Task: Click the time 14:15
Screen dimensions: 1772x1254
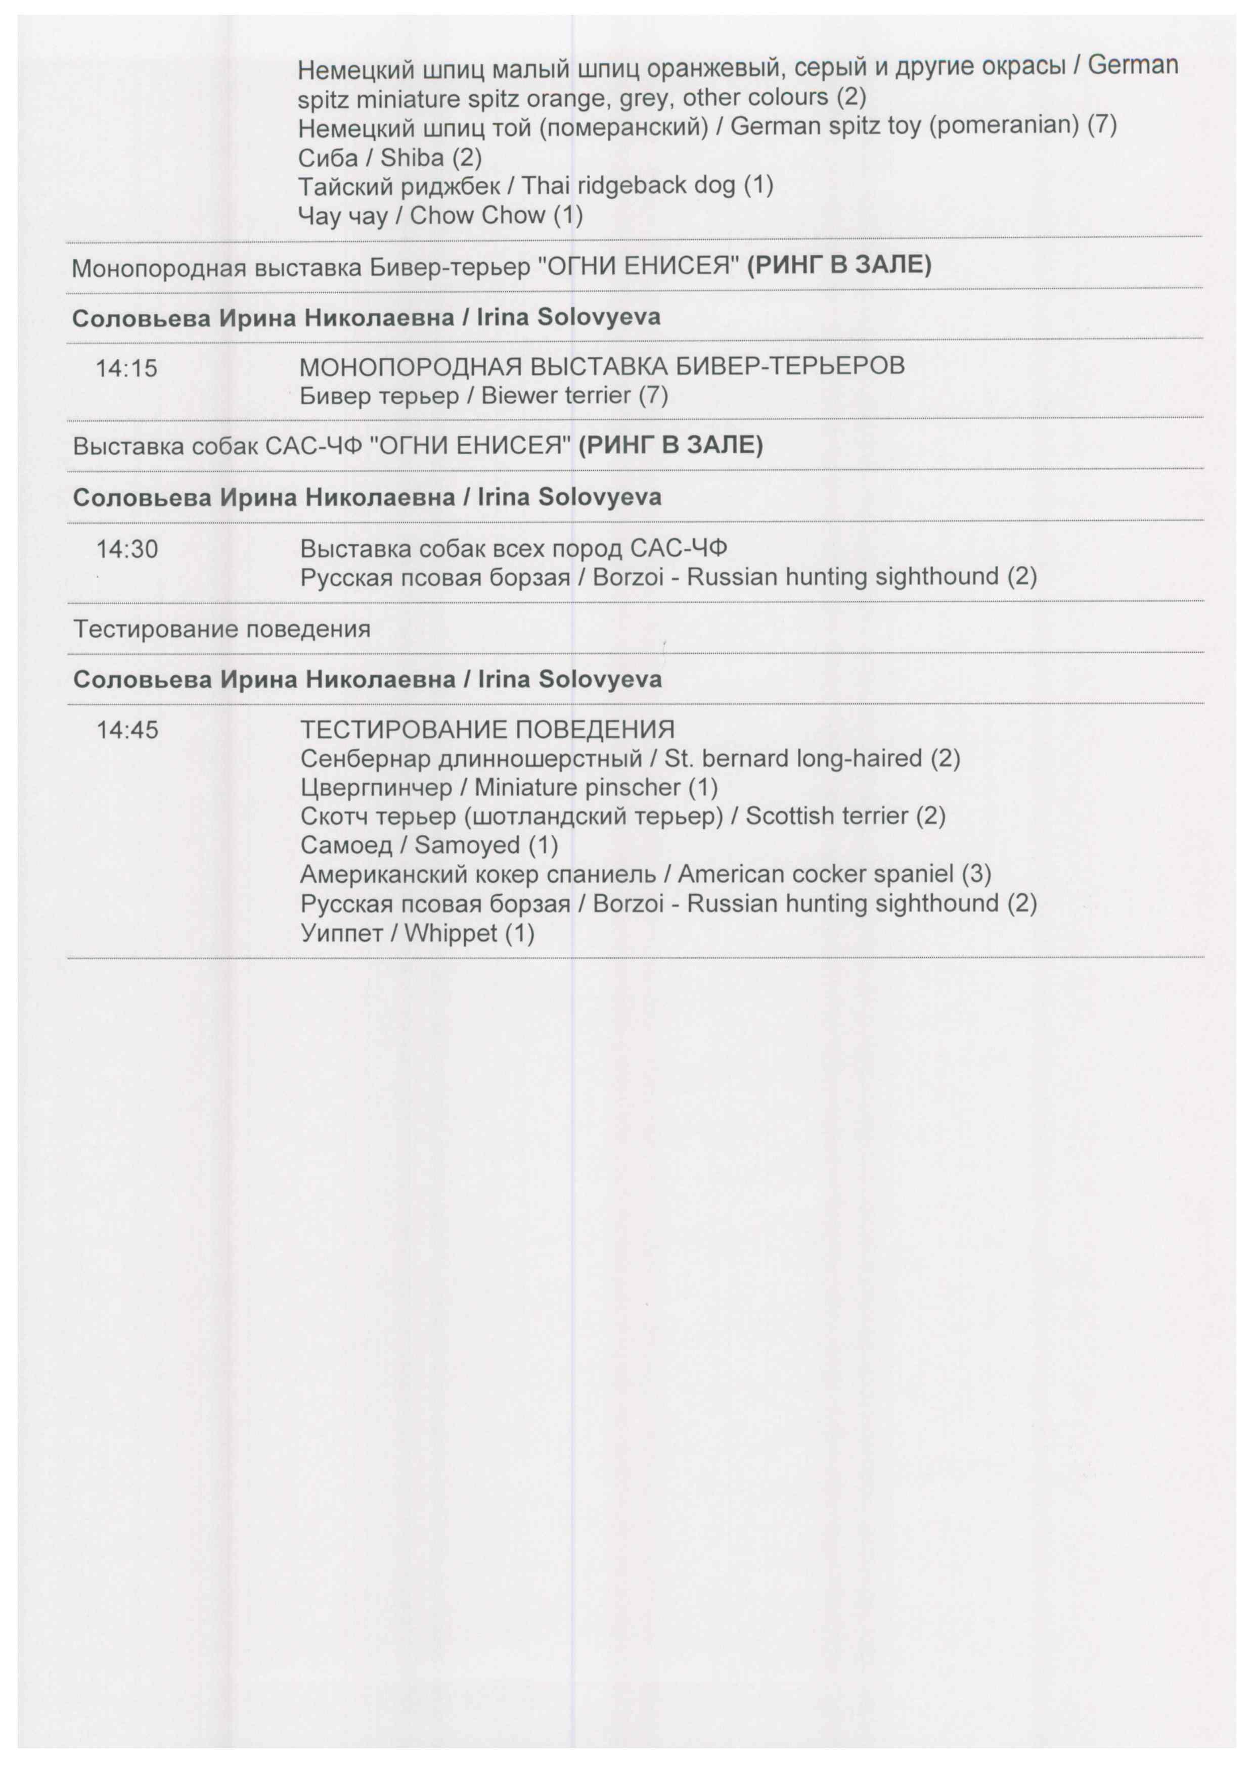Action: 126,368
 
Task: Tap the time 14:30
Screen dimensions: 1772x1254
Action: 126,550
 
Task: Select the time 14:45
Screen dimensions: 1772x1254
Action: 126,730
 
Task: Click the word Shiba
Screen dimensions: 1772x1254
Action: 412,158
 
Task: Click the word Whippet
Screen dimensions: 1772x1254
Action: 450,933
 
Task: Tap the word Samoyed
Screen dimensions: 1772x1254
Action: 467,845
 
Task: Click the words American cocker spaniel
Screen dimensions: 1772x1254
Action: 816,875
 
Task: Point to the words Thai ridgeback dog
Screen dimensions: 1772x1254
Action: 628,186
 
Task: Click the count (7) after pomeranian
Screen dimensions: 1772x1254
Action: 1102,125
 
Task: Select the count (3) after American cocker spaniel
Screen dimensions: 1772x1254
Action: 976,875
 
